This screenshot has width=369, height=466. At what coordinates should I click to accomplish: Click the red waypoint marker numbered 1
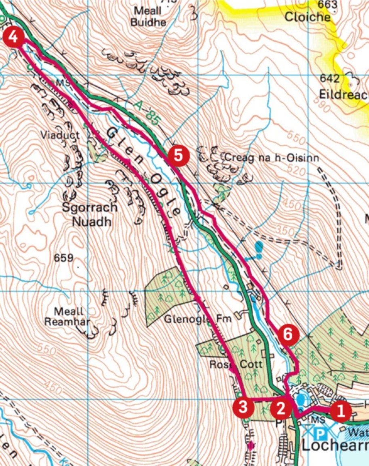(341, 412)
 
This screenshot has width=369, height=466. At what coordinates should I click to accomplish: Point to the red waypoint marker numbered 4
(13, 38)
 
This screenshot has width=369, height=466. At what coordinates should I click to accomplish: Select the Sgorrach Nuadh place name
(90, 215)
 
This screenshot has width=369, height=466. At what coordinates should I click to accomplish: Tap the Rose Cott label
(236, 364)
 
